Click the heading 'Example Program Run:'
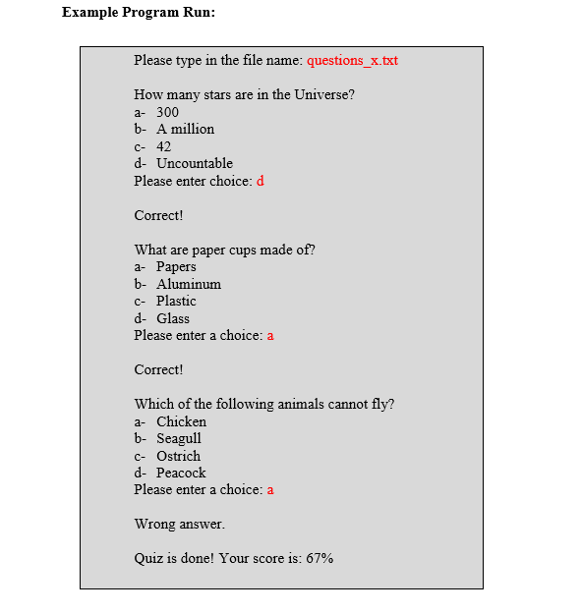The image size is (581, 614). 138,13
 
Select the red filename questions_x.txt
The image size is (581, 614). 352,61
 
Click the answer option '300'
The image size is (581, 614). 167,112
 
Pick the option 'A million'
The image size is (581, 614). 185,130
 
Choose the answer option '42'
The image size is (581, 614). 163,146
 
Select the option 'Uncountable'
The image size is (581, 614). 195,163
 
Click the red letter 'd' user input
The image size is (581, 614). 261,181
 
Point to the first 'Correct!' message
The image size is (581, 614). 158,215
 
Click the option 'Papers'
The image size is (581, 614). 176,267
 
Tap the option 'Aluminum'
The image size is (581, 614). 189,284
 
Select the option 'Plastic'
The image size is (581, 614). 176,301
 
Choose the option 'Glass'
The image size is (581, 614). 173,318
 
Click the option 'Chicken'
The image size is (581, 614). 181,421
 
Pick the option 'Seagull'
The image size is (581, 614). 179,438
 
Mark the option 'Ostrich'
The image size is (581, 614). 178,456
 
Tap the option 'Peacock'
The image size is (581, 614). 181,473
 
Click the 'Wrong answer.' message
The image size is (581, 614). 179,524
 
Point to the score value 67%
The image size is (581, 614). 319,558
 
